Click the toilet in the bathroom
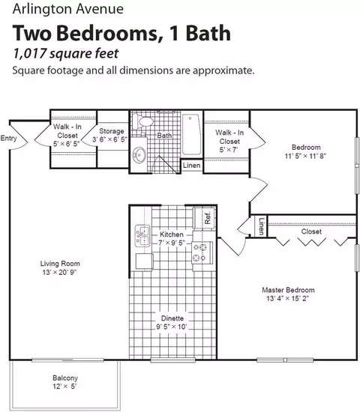[x=142, y=121]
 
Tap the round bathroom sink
[x=139, y=155]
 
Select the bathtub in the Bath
[x=191, y=134]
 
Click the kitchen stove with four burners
[x=202, y=252]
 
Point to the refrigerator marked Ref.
[x=204, y=218]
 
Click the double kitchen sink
[x=142, y=235]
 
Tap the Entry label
[x=8, y=139]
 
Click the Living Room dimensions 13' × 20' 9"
[x=59, y=272]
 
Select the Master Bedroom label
[x=288, y=290]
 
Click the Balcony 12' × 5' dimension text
[x=64, y=387]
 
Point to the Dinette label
[x=172, y=318]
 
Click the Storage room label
[x=112, y=131]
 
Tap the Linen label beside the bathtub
[x=191, y=166]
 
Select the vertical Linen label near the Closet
[x=261, y=226]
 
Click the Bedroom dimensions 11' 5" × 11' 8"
[x=305, y=156]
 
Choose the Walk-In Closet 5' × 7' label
[x=229, y=141]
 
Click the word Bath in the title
[x=208, y=34]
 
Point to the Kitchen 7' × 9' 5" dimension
[x=172, y=243]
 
